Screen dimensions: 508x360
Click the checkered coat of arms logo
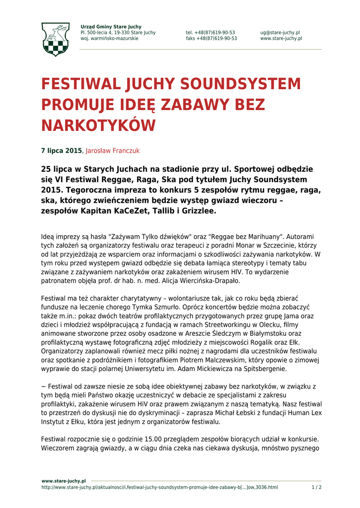(55, 39)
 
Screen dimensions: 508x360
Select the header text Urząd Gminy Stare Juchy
(111, 27)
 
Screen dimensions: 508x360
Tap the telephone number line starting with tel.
(211, 33)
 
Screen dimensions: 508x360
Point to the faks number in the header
(212, 38)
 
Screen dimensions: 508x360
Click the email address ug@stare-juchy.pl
(280, 33)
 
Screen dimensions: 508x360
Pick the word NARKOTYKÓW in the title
(98, 126)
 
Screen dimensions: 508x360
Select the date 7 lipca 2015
(61, 150)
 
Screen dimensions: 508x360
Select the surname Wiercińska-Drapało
(206, 281)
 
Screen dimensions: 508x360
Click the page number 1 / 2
(316, 487)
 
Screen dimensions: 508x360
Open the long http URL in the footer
(159, 487)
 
